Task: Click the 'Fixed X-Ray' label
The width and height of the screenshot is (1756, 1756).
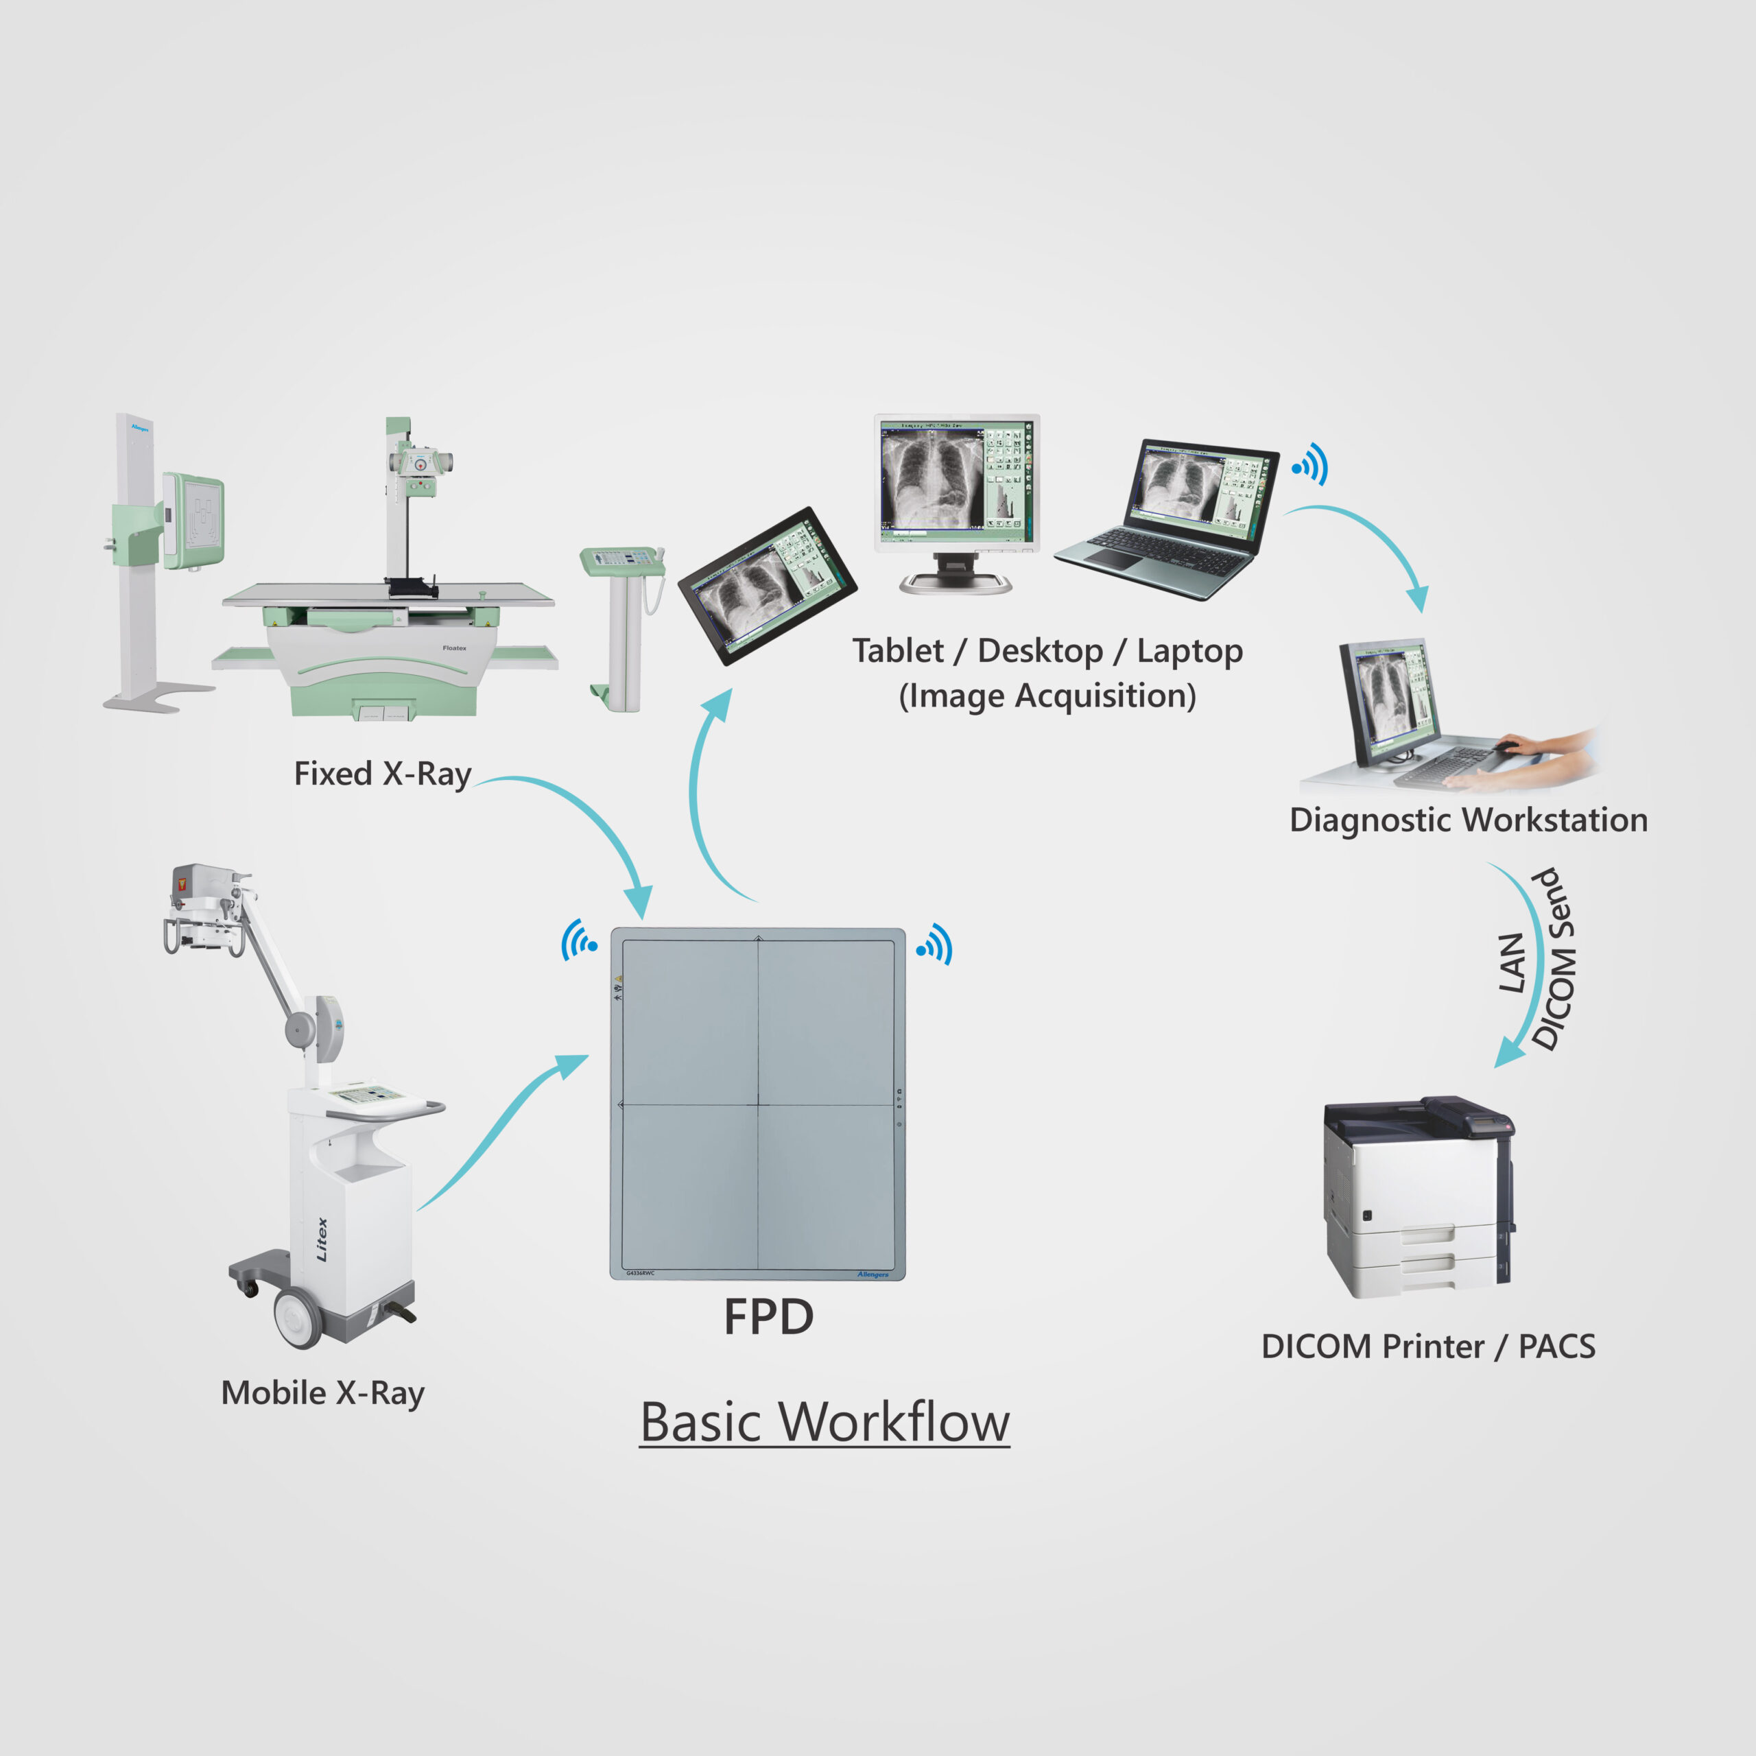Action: tap(382, 774)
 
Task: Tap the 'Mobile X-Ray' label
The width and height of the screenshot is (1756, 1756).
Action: tap(322, 1393)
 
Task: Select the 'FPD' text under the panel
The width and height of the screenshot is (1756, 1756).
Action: tap(768, 1317)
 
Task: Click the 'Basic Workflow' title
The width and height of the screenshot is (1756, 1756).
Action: tap(824, 1423)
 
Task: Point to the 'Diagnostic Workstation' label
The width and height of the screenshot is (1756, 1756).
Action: tap(1468, 820)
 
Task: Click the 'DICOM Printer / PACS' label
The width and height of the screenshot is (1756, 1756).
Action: tap(1428, 1346)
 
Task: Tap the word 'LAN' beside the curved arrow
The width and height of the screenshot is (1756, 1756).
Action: tap(1510, 964)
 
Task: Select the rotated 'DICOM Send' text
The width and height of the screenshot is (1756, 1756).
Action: tap(1555, 960)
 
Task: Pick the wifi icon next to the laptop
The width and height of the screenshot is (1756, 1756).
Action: tap(1311, 465)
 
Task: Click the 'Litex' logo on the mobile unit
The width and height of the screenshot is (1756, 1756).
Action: tap(322, 1239)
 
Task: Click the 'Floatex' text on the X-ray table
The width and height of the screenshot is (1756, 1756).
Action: tap(455, 648)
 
